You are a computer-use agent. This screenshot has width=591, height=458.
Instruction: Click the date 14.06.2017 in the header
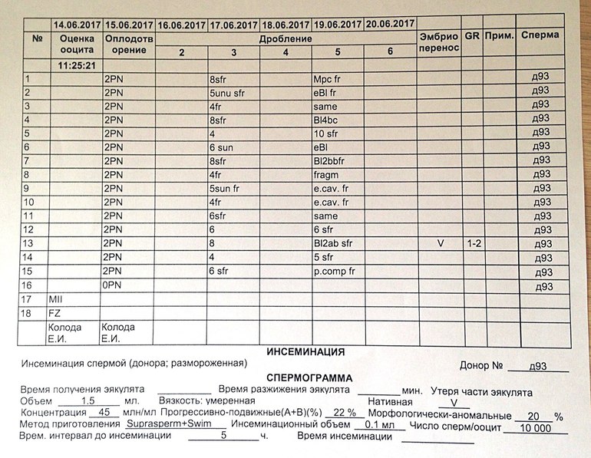click(76, 23)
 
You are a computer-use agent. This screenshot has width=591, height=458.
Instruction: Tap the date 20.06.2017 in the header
click(391, 23)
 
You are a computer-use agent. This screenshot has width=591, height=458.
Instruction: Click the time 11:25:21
click(75, 65)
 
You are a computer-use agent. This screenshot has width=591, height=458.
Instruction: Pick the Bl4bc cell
click(326, 120)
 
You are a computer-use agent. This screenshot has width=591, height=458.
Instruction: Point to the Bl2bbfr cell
click(330, 161)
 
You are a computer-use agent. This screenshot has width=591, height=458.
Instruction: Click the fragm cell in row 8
click(326, 175)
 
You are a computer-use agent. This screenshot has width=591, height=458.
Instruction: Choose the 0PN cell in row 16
click(114, 285)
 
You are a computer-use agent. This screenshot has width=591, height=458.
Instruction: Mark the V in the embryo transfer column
click(440, 244)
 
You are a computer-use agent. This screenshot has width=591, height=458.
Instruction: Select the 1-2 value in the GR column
click(476, 244)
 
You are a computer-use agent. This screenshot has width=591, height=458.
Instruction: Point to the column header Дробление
click(286, 38)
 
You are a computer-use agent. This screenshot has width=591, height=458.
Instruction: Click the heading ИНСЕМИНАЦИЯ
click(305, 352)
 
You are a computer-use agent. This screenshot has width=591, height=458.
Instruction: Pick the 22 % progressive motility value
click(345, 413)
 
